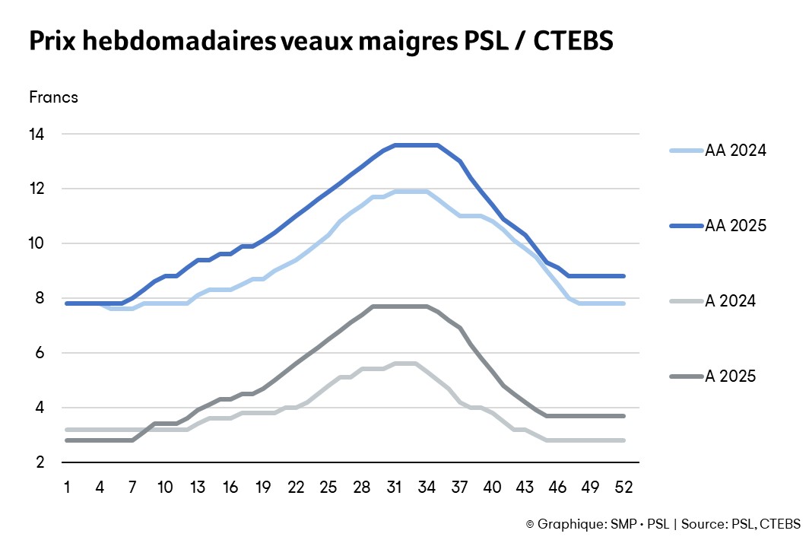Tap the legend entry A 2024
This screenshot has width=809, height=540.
(730, 301)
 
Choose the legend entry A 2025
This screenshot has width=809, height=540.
(730, 376)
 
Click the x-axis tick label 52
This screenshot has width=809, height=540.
(624, 486)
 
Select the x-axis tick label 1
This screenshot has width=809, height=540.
(68, 486)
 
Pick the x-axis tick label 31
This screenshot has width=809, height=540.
(395, 486)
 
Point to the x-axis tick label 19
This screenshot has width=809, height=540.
(264, 486)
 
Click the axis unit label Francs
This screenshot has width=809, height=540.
(53, 97)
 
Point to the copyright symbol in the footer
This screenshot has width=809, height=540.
(530, 524)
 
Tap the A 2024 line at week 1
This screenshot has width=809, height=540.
(68, 430)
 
